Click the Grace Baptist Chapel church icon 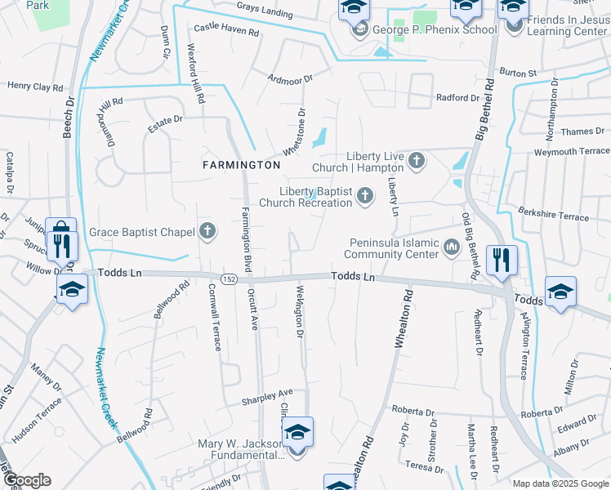pyautogui.click(x=207, y=231)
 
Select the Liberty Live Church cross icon pyautogui.click(x=417, y=161)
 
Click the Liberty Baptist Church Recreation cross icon pyautogui.click(x=364, y=195)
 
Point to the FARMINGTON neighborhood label pyautogui.click(x=241, y=165)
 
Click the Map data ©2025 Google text pyautogui.click(x=560, y=483)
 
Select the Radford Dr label pyautogui.click(x=457, y=97)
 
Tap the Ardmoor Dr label pyautogui.click(x=290, y=78)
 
